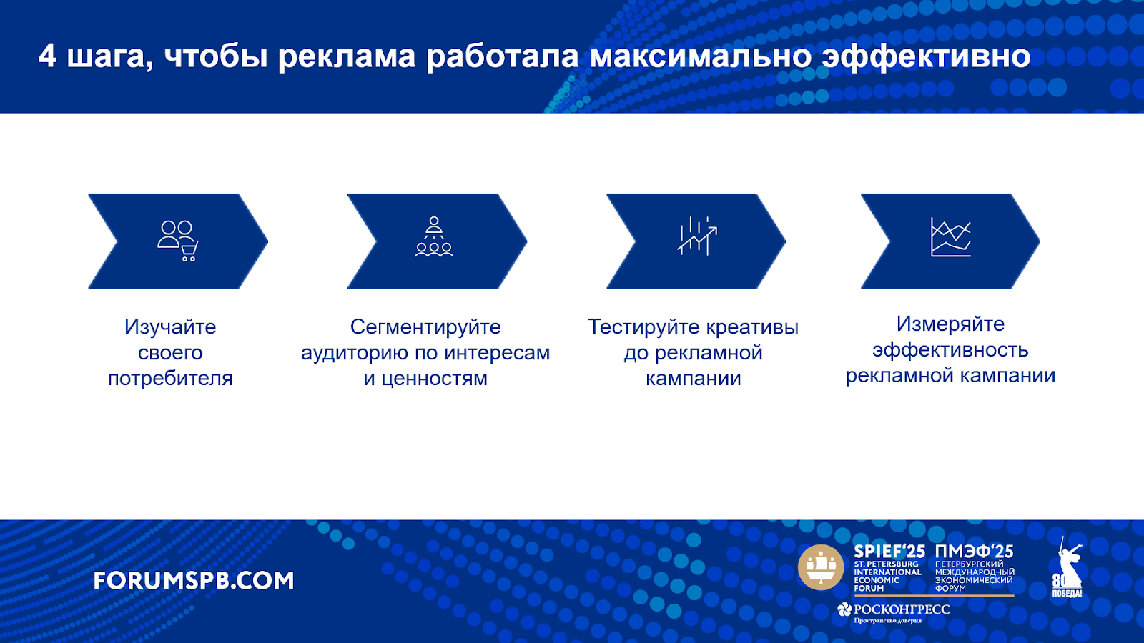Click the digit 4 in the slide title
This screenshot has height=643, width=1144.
tap(47, 56)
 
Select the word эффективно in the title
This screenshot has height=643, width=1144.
tap(926, 56)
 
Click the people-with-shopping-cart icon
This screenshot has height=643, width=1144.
tap(178, 241)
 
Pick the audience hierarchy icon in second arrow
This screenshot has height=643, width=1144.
tap(433, 236)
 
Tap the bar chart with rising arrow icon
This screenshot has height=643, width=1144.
tap(697, 236)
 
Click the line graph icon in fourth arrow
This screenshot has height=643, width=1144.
tap(950, 236)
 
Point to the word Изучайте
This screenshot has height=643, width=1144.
tap(170, 327)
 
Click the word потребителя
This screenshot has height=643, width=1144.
tap(170, 378)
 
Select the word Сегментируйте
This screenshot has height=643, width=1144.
tap(425, 327)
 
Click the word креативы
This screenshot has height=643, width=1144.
tap(753, 327)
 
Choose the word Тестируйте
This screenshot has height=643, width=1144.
tap(644, 327)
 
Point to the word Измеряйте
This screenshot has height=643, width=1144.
tap(950, 324)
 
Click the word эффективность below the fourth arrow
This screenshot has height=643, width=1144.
tap(950, 349)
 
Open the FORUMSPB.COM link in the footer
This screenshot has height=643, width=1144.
tap(194, 581)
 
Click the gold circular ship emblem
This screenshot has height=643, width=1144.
tap(821, 567)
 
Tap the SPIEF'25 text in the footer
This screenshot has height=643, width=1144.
tap(889, 552)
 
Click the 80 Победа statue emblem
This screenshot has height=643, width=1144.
tap(1067, 567)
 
